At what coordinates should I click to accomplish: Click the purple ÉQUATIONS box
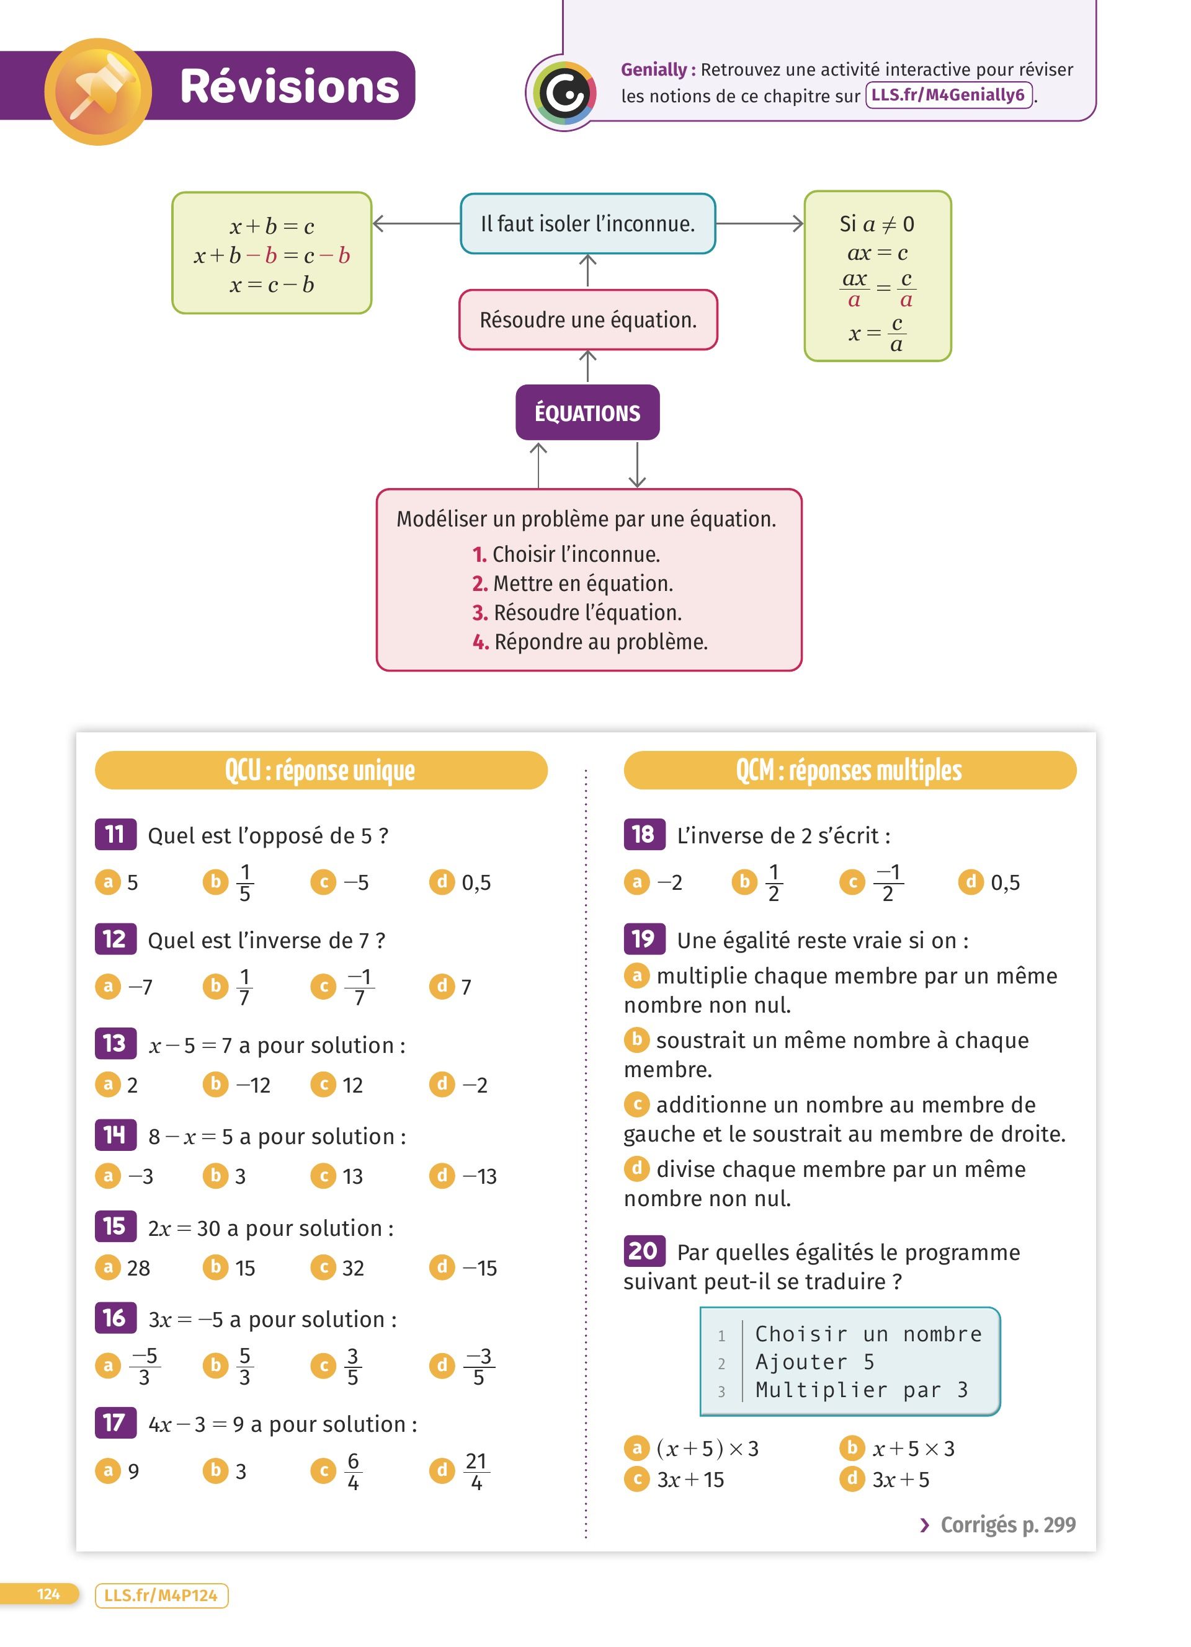[587, 412]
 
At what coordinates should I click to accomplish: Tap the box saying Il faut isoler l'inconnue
[587, 224]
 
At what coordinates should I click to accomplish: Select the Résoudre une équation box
[587, 319]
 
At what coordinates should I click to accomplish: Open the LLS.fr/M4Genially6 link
[948, 95]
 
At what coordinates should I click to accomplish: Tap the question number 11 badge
[115, 835]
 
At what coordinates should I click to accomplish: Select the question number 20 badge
[643, 1251]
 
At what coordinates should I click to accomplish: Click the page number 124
[48, 1594]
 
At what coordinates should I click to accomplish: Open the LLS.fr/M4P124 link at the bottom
[161, 1596]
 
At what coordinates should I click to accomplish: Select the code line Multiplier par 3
[861, 1390]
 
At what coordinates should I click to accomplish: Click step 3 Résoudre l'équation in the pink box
[587, 612]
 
